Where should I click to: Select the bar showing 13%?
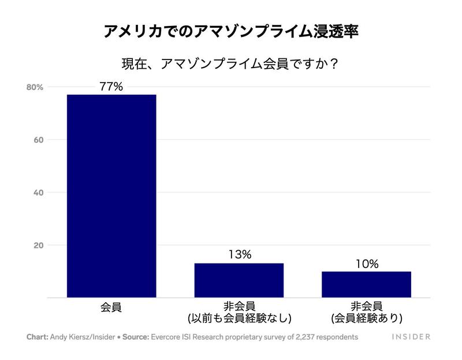[239, 280]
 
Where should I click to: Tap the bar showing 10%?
[366, 284]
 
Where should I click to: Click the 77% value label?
[111, 87]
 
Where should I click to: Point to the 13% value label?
[239, 255]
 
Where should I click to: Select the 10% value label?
[366, 263]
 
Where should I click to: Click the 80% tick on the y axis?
[35, 87]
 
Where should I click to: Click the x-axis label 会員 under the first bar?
[111, 306]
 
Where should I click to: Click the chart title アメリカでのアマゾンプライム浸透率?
[231, 31]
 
